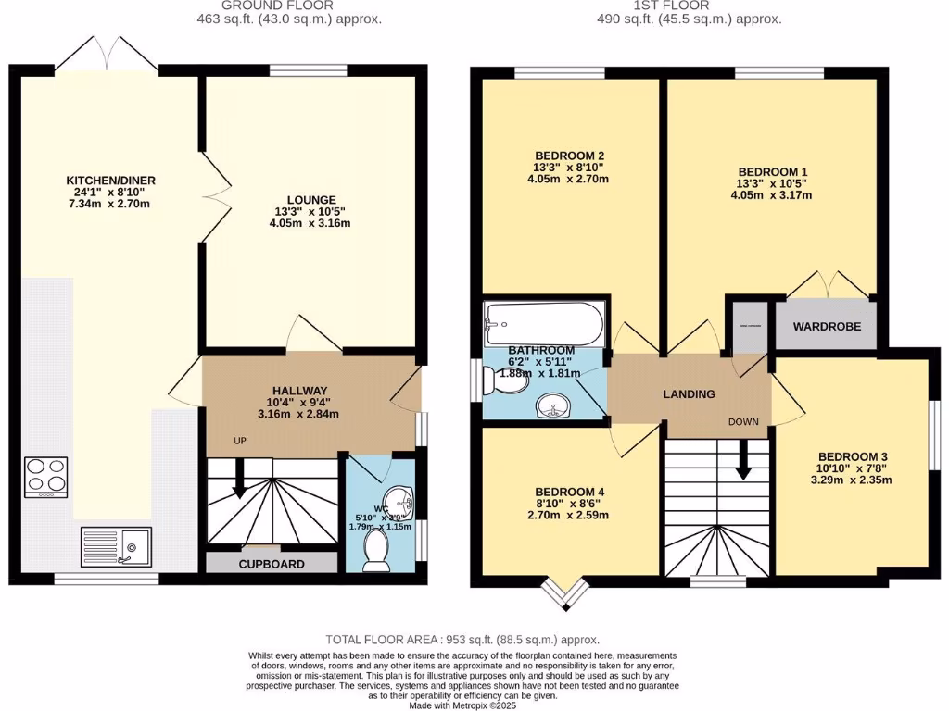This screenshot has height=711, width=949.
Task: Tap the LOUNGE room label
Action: click(311, 200)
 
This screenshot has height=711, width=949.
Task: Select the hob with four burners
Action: click(46, 477)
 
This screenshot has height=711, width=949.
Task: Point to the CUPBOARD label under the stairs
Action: click(272, 564)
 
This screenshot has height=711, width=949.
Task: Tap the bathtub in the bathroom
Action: click(544, 322)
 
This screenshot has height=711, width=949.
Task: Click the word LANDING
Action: click(689, 394)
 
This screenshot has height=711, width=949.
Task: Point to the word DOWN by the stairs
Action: click(743, 422)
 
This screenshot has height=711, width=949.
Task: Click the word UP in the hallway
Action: click(239, 441)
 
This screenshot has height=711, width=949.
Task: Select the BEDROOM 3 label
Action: click(853, 456)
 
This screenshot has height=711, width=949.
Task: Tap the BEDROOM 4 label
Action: click(570, 491)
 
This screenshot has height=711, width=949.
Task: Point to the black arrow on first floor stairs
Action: click(742, 460)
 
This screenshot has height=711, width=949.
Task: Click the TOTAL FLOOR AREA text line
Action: click(462, 640)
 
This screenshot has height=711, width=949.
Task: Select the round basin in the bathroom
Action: click(555, 406)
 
